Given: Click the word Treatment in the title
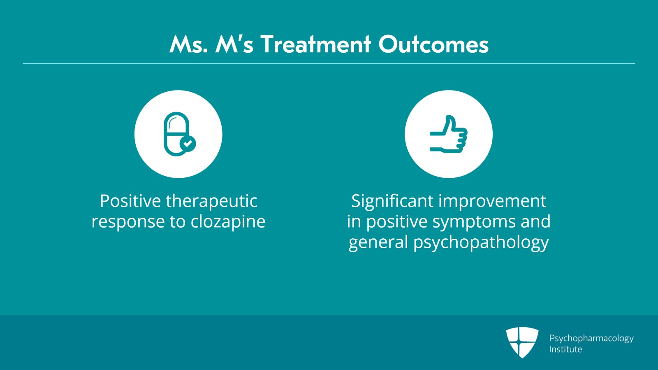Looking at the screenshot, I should pyautogui.click(x=315, y=44).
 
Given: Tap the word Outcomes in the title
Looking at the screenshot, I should pyautogui.click(x=433, y=44).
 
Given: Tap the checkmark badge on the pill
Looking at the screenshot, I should pyautogui.click(x=188, y=144).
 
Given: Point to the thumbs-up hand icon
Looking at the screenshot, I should pyautogui.click(x=449, y=134).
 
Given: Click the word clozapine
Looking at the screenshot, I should pyautogui.click(x=228, y=222).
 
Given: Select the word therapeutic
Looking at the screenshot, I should pyautogui.click(x=211, y=201).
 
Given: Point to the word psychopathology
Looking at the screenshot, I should pyautogui.click(x=481, y=242).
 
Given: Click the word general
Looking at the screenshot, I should pyautogui.click(x=378, y=242).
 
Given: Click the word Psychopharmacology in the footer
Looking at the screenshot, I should pyautogui.click(x=591, y=338).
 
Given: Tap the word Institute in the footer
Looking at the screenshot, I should pyautogui.click(x=565, y=349).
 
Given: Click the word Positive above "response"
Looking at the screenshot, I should pyautogui.click(x=130, y=201).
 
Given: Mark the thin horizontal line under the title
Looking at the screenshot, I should pyautogui.click(x=329, y=64).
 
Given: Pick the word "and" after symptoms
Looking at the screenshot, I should pyautogui.click(x=535, y=222).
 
